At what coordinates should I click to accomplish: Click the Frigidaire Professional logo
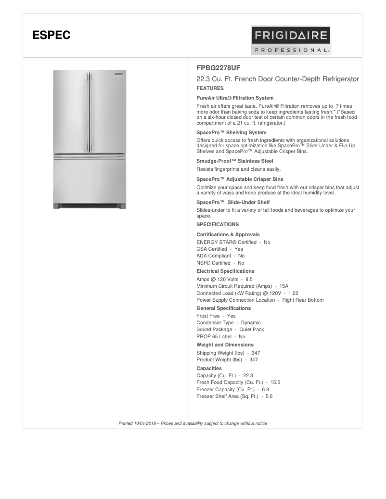coord(291,40)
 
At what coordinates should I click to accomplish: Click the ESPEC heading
coord(51,35)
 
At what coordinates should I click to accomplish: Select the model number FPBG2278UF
coord(219,68)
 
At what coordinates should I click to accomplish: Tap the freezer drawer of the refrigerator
coord(90,180)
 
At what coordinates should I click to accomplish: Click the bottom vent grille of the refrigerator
coord(90,206)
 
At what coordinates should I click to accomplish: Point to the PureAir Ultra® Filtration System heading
coord(235,98)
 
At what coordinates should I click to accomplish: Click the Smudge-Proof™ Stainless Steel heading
coord(235,161)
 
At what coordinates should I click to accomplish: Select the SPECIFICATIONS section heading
coord(218,224)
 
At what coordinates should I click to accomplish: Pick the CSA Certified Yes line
coord(220,249)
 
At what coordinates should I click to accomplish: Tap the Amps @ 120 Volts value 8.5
coord(249,279)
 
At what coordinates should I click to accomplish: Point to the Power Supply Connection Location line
coord(260,300)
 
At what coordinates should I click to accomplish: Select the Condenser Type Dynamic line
coord(229,322)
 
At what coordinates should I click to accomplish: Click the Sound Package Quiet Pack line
coord(230,329)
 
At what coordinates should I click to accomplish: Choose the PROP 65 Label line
coord(221,336)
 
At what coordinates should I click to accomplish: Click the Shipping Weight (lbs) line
coord(228,353)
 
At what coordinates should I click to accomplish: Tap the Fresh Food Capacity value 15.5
coord(275,382)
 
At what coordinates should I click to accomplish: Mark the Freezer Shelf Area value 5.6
coord(269,396)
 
